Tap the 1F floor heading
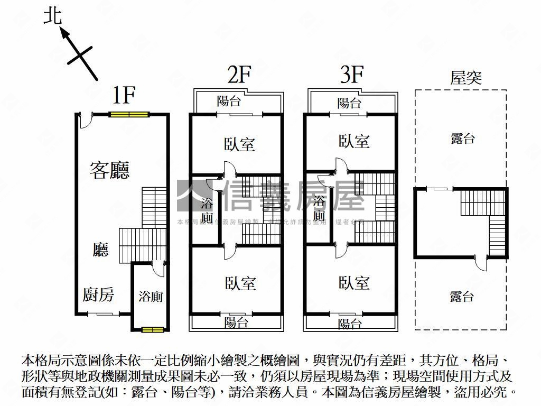[125, 95]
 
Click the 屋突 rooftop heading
[465, 78]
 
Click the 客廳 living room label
[110, 170]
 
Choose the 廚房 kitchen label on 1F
[98, 294]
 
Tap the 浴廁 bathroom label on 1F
[151, 297]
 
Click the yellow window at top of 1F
[129, 114]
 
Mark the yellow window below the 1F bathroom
[152, 330]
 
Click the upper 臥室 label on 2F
[240, 144]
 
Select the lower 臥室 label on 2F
[240, 284]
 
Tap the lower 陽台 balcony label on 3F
[349, 323]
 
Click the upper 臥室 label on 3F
[354, 141]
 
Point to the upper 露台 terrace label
[463, 139]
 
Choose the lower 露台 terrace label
[462, 297]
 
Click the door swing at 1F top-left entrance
[85, 121]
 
